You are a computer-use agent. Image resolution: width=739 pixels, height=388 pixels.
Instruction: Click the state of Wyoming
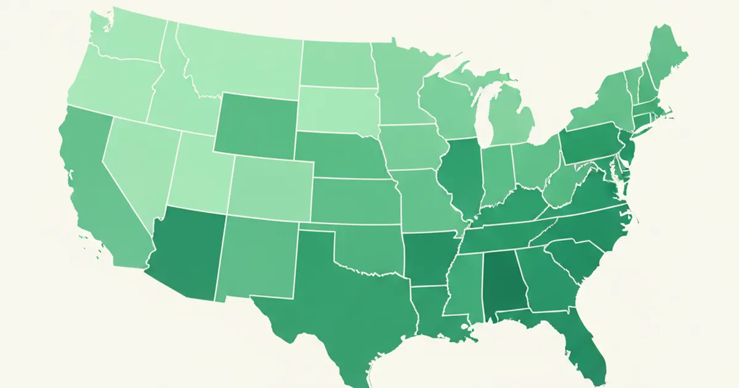pos(256,123)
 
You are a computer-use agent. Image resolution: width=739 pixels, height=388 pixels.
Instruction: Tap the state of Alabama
pos(502,283)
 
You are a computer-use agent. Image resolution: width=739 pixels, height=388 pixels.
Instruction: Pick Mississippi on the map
pos(465,283)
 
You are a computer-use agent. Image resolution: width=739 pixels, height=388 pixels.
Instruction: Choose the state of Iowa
pos(410,148)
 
